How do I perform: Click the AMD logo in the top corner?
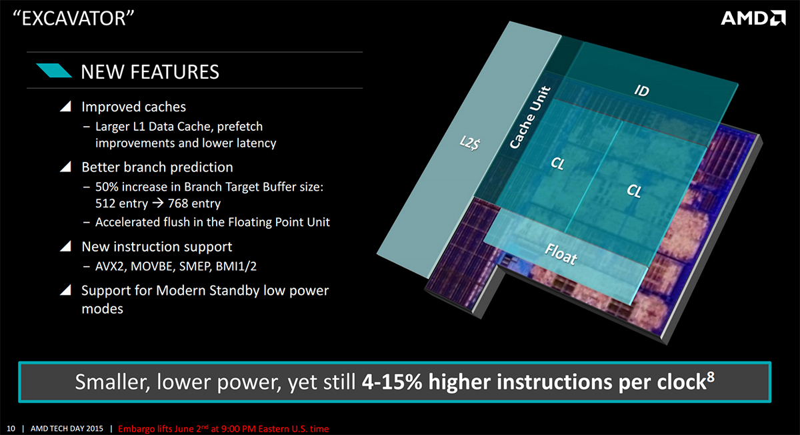(x=753, y=18)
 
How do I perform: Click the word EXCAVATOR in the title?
(x=74, y=18)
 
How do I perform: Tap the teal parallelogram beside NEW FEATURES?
(x=54, y=71)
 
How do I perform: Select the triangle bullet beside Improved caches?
(x=65, y=106)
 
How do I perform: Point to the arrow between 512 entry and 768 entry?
(x=158, y=203)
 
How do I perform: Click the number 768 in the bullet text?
(x=178, y=203)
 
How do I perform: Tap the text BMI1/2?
(x=236, y=266)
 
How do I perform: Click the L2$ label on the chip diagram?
(x=469, y=143)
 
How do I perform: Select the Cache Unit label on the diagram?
(x=530, y=117)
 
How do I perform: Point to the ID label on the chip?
(x=642, y=91)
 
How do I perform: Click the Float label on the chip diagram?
(x=561, y=254)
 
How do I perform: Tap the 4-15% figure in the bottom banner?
(x=392, y=382)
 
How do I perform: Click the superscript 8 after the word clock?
(x=711, y=376)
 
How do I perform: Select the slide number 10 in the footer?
(x=11, y=428)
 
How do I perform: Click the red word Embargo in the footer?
(x=137, y=429)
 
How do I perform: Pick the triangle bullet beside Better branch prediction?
(x=65, y=167)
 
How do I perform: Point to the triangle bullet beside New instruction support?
(x=65, y=246)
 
